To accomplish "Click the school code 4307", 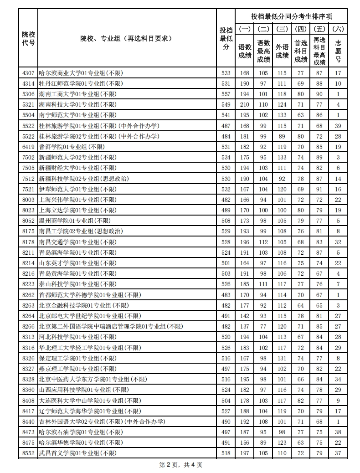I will point(28,73).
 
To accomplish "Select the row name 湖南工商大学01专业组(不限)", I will point(77,94).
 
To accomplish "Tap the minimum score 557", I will point(226,94).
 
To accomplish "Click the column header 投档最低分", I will point(226,38).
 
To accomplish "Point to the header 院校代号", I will point(28,38).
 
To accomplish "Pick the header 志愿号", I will point(338,51).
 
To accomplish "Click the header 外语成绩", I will point(282,51).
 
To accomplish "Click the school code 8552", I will point(28,453).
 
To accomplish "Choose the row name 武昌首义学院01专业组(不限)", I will point(77,453).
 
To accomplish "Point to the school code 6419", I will point(28,147).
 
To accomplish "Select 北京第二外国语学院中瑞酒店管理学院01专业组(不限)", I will point(111,326).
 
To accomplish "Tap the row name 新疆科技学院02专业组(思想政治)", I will point(84,179).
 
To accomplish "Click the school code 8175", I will point(28,231).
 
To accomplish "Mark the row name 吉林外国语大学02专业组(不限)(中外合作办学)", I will point(102,422).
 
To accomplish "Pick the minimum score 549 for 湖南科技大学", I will point(226,104).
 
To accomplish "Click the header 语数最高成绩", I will point(263,51).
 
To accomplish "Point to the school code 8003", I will point(28,200).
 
